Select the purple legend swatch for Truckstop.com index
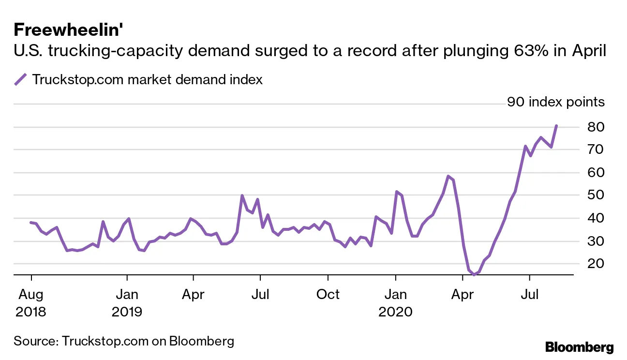pos(21,79)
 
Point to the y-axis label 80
pos(589,127)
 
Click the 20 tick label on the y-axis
pos(589,264)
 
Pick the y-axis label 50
pos(589,195)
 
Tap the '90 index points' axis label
pos(555,103)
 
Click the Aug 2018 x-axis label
pos(31,302)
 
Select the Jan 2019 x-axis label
pos(127,302)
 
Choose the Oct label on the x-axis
pos(328,294)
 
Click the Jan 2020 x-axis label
pos(396,302)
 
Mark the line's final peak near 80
pos(556,126)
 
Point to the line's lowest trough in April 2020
pos(474,274)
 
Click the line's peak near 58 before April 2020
pos(448,176)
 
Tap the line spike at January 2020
pos(396,192)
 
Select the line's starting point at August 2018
pos(31,223)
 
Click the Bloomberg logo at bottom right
pos(579,347)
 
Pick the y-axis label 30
pos(589,241)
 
